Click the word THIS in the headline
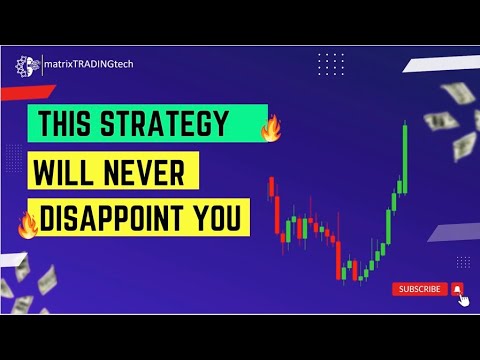tap(67, 127)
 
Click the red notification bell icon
tap(457, 289)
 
